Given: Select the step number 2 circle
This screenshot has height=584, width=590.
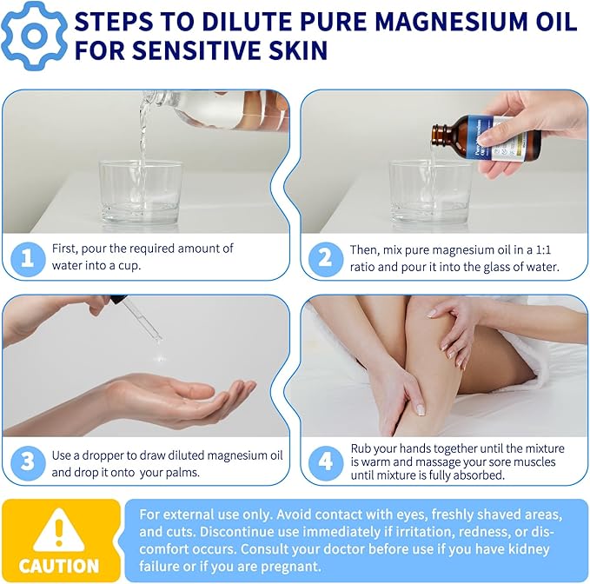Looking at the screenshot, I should point(326,258).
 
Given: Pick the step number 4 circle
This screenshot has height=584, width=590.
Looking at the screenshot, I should point(326,461).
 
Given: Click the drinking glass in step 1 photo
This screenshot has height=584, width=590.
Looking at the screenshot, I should point(140,191).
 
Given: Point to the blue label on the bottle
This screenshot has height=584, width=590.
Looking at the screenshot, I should point(487,139).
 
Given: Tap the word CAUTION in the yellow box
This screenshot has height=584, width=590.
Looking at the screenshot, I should point(59,566).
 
